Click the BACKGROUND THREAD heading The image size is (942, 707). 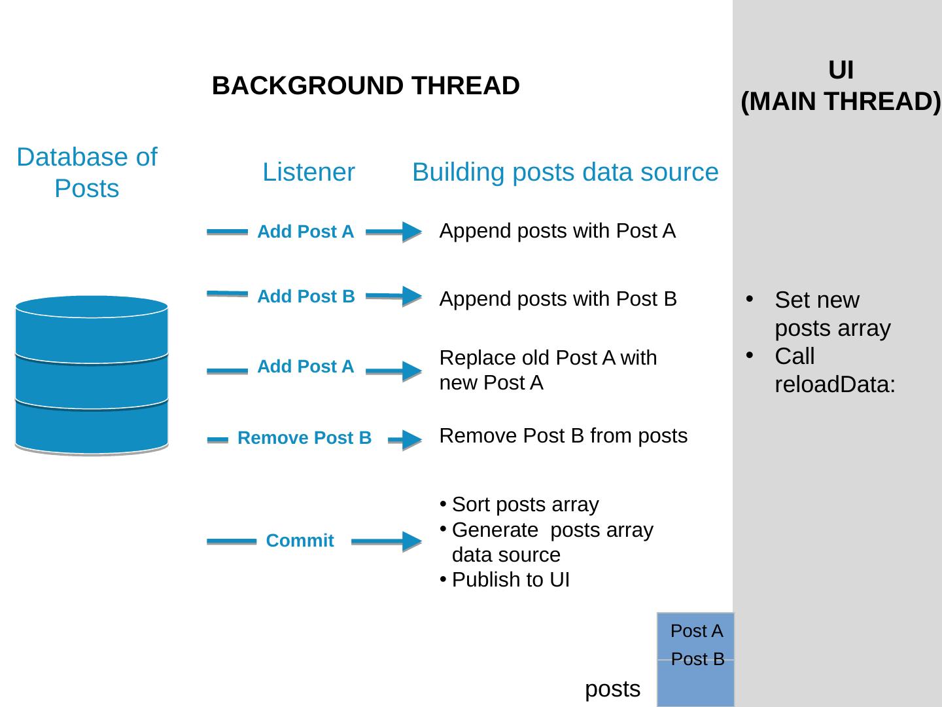(366, 86)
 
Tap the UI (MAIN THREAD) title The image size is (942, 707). (841, 86)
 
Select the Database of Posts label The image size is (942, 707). (87, 173)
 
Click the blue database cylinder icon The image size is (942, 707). (92, 375)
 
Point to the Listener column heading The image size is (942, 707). (309, 172)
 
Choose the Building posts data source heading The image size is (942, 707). (565, 172)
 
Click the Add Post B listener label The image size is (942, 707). (305, 297)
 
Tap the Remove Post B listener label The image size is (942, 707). (304, 438)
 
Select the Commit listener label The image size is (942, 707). (300, 541)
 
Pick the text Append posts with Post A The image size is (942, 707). (557, 231)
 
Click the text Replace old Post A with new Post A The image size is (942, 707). (548, 371)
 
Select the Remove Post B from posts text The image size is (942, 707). (563, 436)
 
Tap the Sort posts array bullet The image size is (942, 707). (525, 505)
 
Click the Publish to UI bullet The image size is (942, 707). (510, 580)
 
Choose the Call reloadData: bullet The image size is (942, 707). (834, 371)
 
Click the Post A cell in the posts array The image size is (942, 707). (696, 631)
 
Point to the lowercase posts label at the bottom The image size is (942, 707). (612, 689)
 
